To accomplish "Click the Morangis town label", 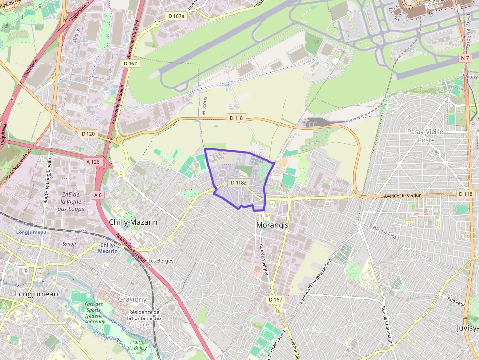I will click(272, 225).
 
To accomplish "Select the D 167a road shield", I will click(176, 16).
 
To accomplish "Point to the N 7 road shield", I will click(465, 58).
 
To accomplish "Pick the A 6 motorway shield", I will click(98, 195).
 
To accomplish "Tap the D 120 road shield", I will click(88, 133).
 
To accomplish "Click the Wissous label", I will click(204, 108).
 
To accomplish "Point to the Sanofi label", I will click(69, 243).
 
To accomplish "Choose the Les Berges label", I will click(161, 261).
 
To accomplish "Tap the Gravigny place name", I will click(132, 299).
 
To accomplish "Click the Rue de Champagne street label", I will click(387, 325).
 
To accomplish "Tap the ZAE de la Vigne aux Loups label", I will click(70, 202).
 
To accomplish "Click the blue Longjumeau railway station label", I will click(31, 232).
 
